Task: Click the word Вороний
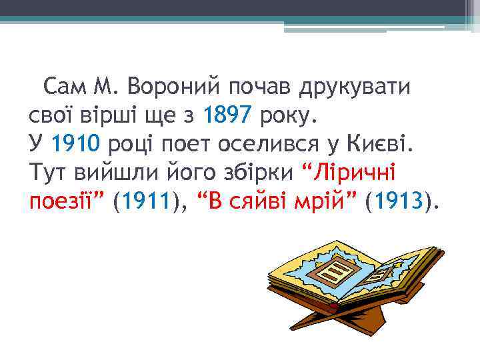click(174, 87)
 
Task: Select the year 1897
click(228, 117)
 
